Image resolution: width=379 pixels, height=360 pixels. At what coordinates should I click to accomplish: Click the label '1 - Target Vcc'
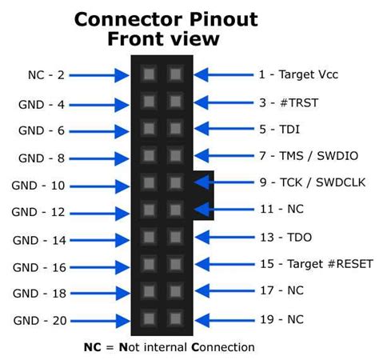(297, 74)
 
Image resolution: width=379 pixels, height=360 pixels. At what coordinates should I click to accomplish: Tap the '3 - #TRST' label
(285, 102)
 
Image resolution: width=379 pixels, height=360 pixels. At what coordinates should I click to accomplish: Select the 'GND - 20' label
(39, 321)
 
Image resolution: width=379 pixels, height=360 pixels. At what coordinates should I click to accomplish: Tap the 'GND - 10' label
(39, 185)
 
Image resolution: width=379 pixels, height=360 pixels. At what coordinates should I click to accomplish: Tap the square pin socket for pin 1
(175, 74)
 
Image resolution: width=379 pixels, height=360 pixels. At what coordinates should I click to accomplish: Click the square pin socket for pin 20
(148, 318)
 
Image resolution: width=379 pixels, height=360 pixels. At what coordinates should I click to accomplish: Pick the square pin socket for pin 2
(148, 74)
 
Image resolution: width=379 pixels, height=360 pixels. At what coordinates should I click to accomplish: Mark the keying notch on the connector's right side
(203, 196)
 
